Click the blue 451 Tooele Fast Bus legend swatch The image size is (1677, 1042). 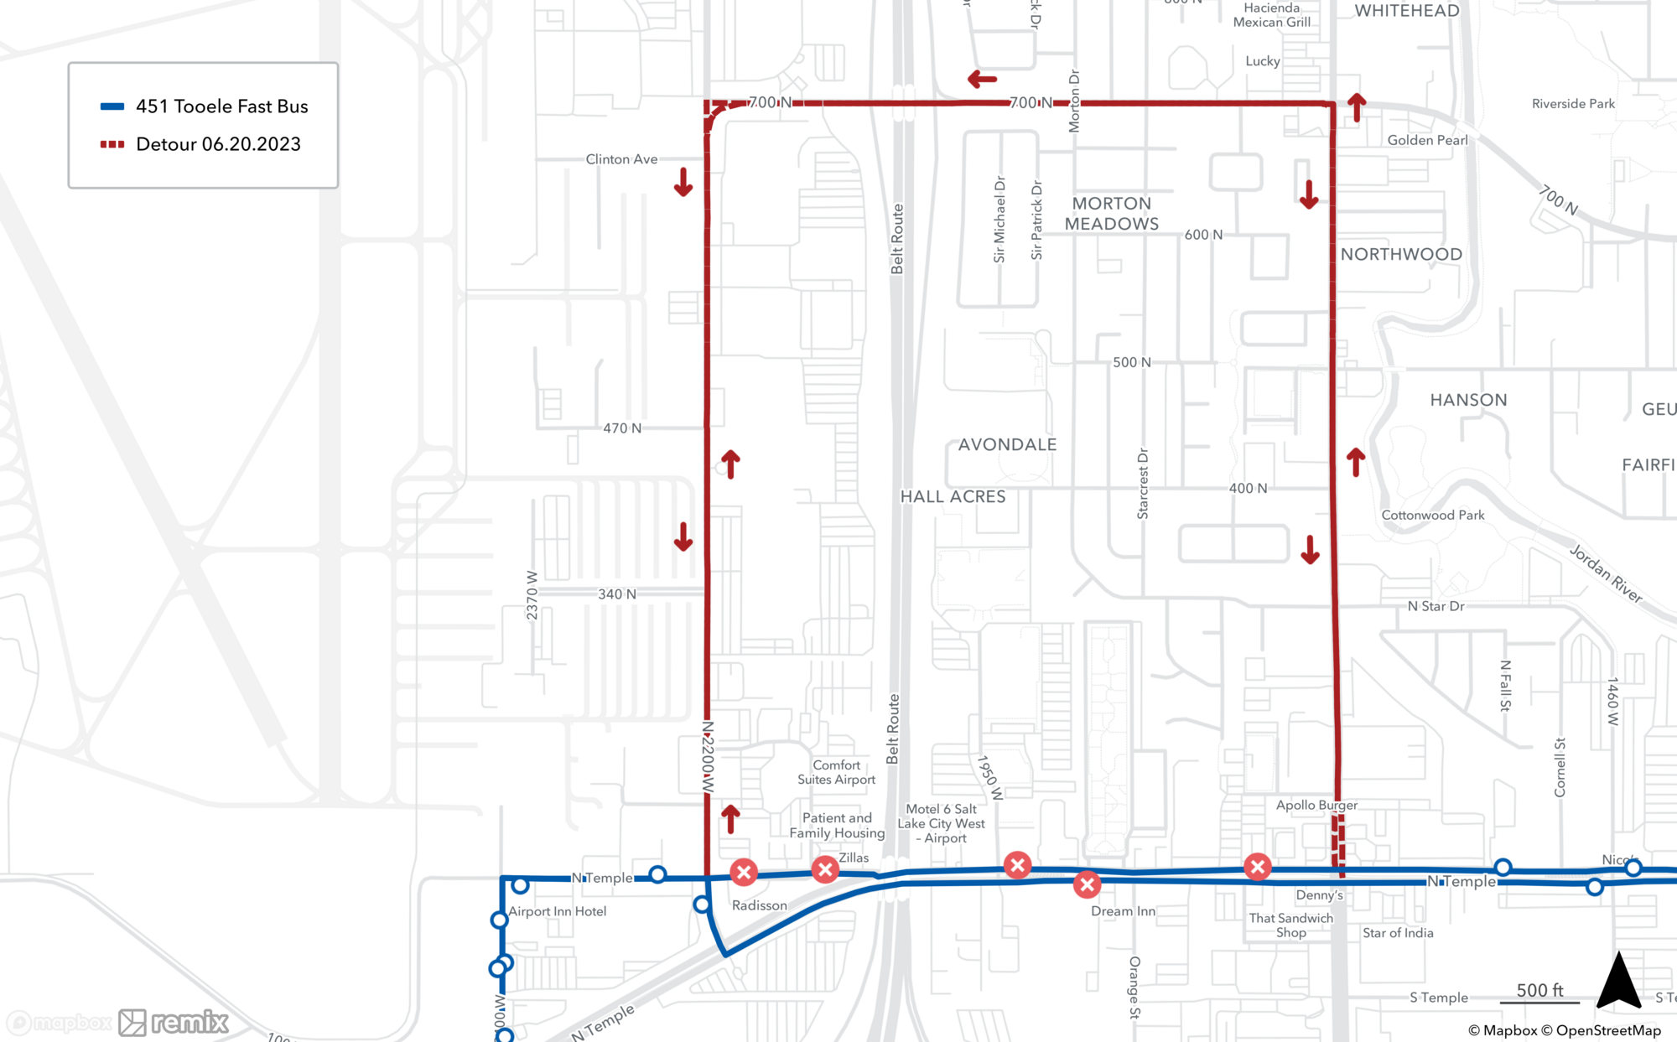coord(112,106)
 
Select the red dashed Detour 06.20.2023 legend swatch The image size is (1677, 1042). coord(112,144)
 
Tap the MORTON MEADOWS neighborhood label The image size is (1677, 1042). coord(1112,214)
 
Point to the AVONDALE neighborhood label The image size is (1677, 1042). coord(1007,444)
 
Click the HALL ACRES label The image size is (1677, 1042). coord(953,496)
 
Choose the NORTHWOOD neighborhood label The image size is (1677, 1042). coord(1401,254)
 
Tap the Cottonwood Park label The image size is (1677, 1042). coord(1432,515)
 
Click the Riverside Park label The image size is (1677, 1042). coord(1573,104)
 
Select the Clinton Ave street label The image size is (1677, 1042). coord(621,159)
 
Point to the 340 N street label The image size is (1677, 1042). coord(617,594)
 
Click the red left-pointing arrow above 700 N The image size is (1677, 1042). coord(982,80)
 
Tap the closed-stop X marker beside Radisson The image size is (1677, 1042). coord(744,873)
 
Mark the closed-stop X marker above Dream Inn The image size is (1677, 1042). coord(1087,884)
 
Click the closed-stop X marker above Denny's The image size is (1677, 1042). coord(1257,867)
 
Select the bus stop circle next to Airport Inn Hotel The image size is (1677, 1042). coord(521,885)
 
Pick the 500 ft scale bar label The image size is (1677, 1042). coord(1539,990)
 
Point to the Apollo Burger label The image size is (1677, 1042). coord(1316,805)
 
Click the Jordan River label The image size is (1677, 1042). coord(1605,573)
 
